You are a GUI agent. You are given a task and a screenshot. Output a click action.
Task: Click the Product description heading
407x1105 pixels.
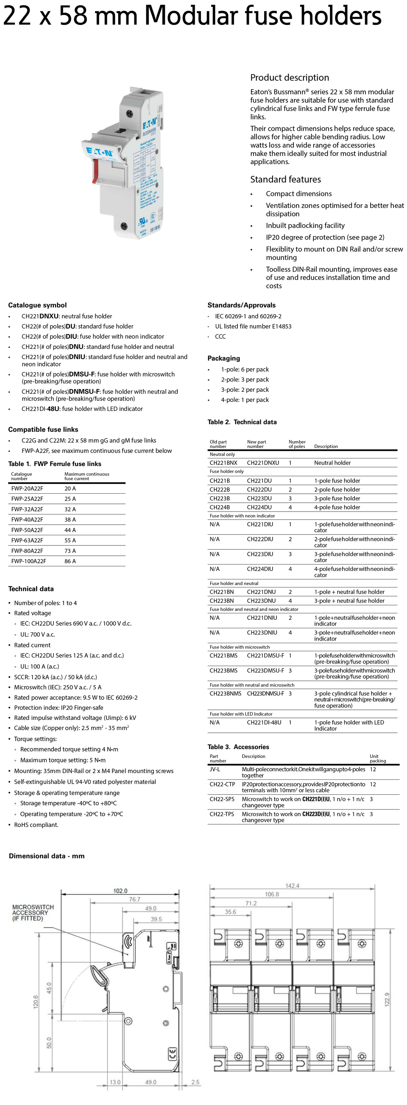(290, 78)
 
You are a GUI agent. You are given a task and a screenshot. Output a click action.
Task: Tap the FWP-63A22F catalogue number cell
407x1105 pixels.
(27, 540)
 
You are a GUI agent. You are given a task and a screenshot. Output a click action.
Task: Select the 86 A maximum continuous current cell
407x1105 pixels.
(70, 561)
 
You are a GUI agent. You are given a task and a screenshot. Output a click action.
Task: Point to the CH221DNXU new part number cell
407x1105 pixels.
(262, 463)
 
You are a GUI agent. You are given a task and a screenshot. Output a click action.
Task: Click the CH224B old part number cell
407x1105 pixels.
(219, 507)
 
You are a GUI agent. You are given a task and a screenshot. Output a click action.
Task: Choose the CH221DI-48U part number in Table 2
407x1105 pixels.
(264, 723)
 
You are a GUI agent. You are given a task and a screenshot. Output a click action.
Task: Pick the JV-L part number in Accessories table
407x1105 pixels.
(215, 769)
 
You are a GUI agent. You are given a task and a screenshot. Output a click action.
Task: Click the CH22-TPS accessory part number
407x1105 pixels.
(222, 814)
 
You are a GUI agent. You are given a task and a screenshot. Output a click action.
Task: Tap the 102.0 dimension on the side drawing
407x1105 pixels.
(120, 891)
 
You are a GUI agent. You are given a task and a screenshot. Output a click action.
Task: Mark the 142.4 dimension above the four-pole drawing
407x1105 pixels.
(292, 886)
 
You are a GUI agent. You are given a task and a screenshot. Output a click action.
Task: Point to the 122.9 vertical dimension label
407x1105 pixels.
(387, 999)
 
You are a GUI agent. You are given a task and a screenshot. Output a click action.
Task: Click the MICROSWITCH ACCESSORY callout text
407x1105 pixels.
(33, 912)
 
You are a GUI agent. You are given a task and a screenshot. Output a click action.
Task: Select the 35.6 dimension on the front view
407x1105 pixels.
(230, 911)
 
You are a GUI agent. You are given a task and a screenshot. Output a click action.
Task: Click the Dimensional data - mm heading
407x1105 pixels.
(47, 856)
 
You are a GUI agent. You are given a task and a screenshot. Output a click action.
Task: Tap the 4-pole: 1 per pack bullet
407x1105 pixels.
(245, 400)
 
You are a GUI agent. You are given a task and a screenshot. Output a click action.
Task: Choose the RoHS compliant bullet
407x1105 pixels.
(36, 824)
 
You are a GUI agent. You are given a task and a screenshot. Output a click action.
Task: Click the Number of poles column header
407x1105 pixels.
(297, 444)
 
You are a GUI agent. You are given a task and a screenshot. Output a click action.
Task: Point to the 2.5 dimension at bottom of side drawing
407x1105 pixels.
(195, 1082)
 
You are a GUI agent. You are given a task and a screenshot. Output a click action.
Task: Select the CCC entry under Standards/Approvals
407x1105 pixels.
(220, 336)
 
